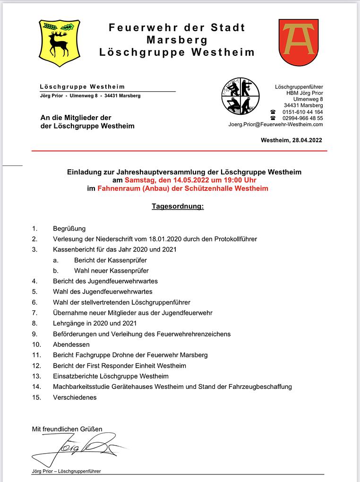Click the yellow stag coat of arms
point(59,43)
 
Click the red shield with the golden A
point(298,42)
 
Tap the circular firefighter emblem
point(240,96)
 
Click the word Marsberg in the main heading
point(177,40)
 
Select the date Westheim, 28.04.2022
point(291,140)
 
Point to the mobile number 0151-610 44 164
point(303,112)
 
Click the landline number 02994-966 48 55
point(303,118)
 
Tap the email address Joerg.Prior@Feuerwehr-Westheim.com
point(276,124)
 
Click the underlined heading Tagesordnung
point(178,207)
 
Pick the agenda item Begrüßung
point(69,228)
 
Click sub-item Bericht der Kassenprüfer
point(110,260)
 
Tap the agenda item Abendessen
point(71,344)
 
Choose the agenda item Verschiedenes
point(75,397)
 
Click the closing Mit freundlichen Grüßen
point(67,429)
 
